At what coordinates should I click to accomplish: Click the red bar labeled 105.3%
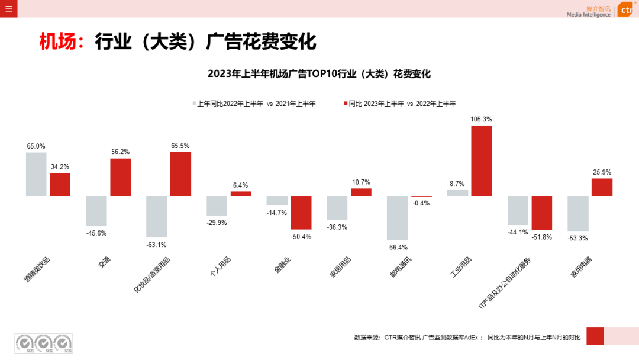click(482, 160)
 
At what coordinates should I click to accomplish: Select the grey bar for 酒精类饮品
click(36, 174)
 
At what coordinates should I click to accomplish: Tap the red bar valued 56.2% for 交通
click(120, 177)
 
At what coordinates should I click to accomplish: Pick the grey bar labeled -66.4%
click(397, 218)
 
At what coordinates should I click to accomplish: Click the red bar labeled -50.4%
click(301, 213)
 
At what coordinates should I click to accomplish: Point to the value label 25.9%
click(602, 172)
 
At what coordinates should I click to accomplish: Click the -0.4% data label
click(422, 203)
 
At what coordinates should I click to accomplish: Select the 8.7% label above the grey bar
click(457, 184)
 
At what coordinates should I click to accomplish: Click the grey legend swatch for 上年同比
click(193, 104)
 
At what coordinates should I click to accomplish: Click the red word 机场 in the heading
click(57, 42)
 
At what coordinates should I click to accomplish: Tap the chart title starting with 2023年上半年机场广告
click(319, 74)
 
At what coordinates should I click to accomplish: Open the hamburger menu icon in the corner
click(8, 8)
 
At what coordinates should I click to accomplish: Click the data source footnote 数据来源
click(467, 337)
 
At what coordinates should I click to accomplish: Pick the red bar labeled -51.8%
click(542, 213)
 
